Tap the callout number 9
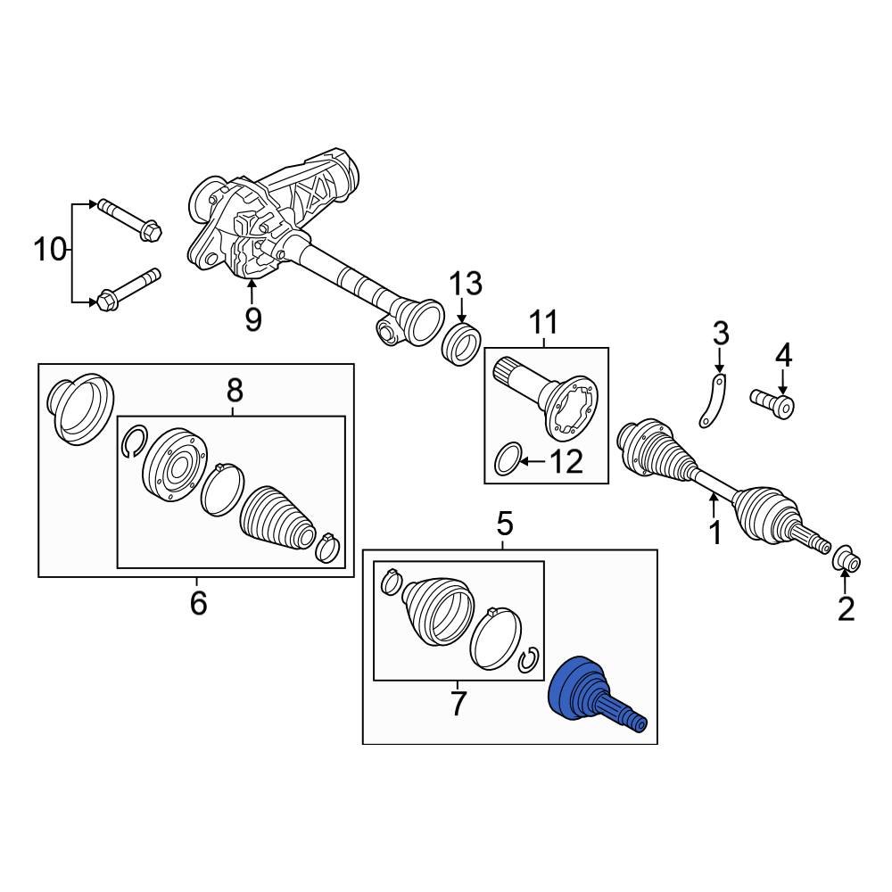pyautogui.click(x=253, y=319)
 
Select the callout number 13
pyautogui.click(x=466, y=283)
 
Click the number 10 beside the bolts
pyautogui.click(x=50, y=250)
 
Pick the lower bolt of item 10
pyautogui.click(x=129, y=289)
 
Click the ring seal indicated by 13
pyautogui.click(x=462, y=344)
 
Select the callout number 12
pyautogui.click(x=566, y=461)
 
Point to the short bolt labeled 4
pyautogui.click(x=772, y=403)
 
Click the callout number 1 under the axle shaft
pyautogui.click(x=715, y=533)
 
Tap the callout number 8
pyautogui.click(x=235, y=391)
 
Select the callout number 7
pyautogui.click(x=458, y=703)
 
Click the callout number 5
pyautogui.click(x=505, y=524)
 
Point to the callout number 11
pyautogui.click(x=544, y=322)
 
